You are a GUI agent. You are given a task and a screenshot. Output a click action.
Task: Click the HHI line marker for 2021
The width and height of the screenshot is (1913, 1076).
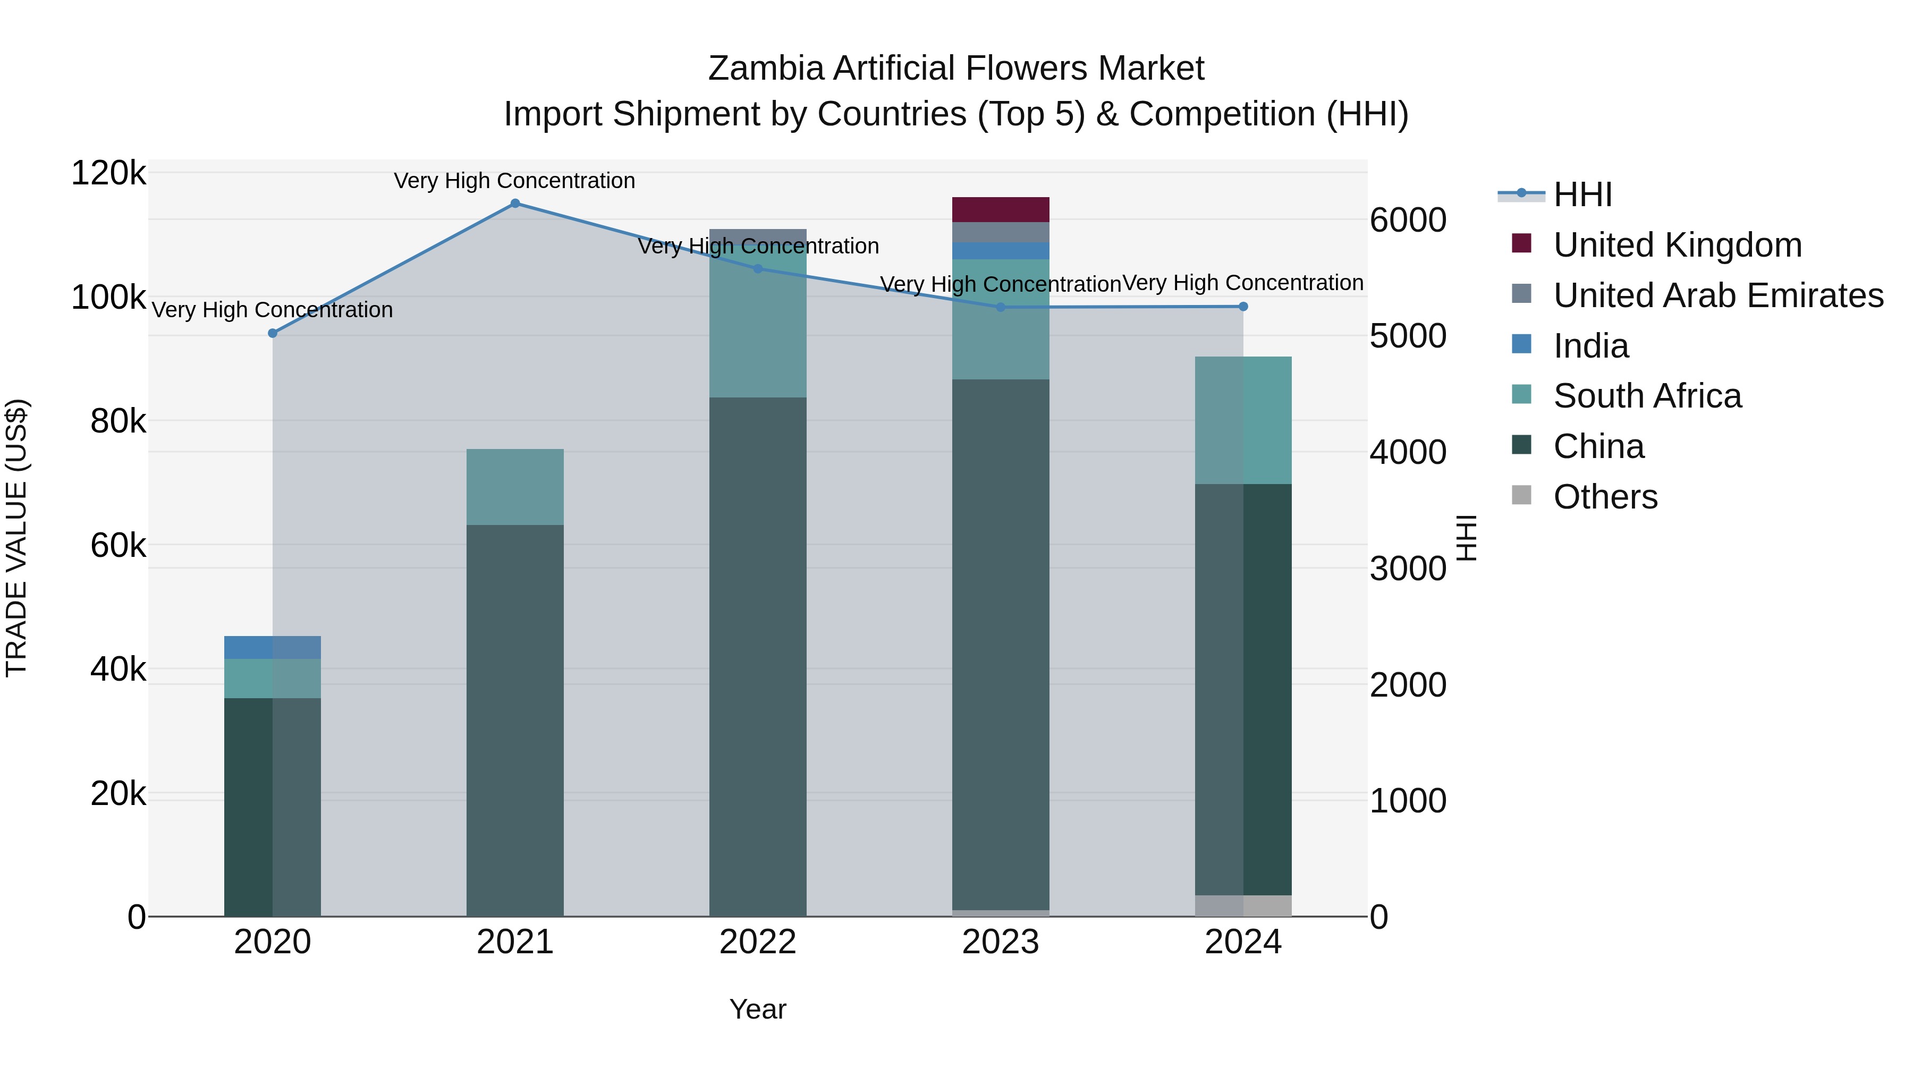click(514, 204)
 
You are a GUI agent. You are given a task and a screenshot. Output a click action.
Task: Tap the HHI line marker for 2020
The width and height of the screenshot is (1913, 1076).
click(273, 333)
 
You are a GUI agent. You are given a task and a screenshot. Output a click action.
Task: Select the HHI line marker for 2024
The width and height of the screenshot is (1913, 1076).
click(1243, 307)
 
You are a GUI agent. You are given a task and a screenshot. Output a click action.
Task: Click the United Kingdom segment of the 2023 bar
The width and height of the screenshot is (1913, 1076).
click(1000, 209)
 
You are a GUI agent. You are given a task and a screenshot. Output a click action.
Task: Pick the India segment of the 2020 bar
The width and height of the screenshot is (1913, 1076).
click(273, 648)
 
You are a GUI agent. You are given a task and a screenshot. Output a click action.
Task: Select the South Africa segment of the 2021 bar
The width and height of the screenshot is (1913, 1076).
click(514, 487)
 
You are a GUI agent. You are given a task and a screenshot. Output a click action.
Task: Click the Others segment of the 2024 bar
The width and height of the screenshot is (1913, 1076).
click(1243, 905)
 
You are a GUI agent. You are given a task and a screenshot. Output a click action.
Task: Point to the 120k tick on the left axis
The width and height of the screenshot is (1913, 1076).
click(108, 174)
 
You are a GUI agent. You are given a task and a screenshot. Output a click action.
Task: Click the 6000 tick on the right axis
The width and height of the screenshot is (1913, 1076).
click(1407, 221)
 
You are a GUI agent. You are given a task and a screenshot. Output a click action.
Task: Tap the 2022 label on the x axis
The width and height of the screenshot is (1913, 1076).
click(757, 942)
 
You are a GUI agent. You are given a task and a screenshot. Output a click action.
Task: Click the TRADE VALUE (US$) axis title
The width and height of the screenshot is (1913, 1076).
click(17, 538)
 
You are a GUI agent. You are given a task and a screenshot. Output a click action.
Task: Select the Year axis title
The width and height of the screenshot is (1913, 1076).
click(757, 1009)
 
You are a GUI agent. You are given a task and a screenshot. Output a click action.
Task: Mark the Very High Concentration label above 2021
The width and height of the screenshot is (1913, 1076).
click(514, 181)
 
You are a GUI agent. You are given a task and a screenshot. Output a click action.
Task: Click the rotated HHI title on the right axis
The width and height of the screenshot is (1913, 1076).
click(1467, 538)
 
